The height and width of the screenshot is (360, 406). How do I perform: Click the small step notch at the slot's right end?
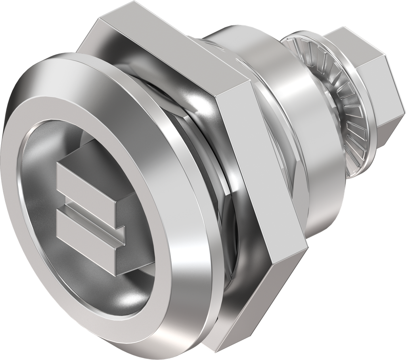pyautogui.click(x=121, y=234)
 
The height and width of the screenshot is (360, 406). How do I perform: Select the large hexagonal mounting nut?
pyautogui.click(x=254, y=198)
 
